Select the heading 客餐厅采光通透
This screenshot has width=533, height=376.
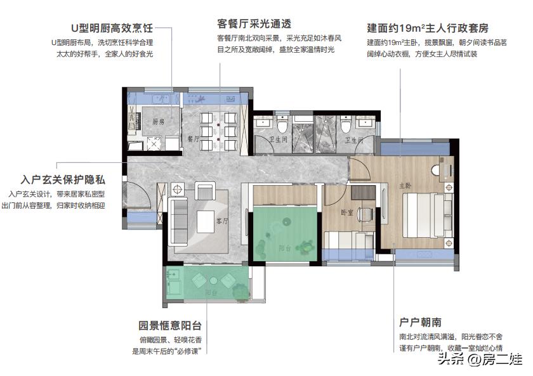[x=253, y=24]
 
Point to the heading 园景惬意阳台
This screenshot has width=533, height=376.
[x=170, y=327]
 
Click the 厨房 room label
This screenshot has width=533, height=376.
[x=158, y=121]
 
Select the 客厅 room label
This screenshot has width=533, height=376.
[x=222, y=221]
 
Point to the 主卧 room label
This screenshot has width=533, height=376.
[x=405, y=186]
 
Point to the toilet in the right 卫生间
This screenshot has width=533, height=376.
[x=346, y=124]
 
